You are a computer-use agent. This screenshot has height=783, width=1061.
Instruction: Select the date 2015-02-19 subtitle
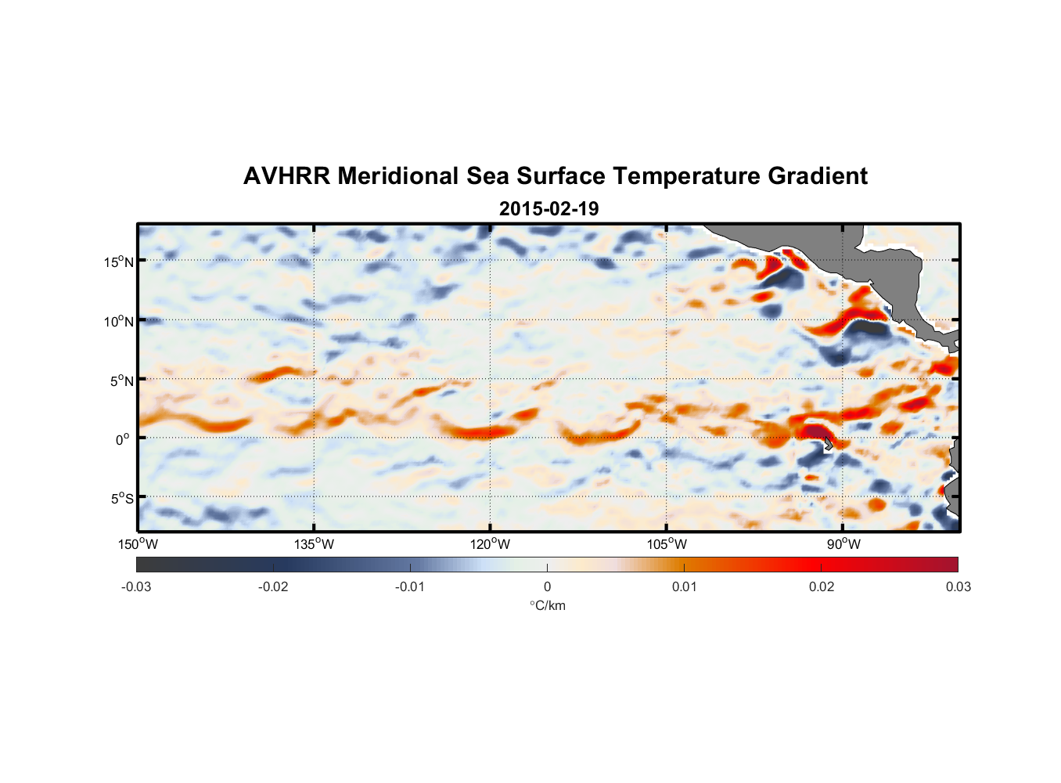pos(548,209)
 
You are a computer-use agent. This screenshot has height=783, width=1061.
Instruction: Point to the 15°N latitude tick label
pos(119,262)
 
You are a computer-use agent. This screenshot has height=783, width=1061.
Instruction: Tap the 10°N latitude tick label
pos(119,321)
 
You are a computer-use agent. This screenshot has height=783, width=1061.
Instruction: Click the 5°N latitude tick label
pos(121,381)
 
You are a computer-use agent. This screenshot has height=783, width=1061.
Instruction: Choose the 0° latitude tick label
pos(123,439)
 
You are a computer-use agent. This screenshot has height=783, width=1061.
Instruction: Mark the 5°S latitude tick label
pos(121,499)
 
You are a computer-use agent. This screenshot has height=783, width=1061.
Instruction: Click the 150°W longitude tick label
pos(138,544)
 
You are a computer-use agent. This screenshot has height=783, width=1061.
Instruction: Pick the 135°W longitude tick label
pos(315,544)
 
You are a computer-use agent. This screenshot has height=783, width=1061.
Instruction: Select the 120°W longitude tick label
pos(491,544)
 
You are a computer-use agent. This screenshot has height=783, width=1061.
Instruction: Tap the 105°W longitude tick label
pos(667,544)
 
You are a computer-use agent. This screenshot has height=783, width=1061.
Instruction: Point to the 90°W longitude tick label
pos(843,544)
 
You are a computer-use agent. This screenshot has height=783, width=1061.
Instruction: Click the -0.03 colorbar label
pos(136,586)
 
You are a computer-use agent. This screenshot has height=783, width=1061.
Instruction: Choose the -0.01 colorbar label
pos(410,586)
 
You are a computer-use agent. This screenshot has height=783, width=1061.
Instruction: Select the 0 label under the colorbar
pos(547,586)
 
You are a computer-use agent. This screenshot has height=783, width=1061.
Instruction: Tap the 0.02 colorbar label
pos(822,586)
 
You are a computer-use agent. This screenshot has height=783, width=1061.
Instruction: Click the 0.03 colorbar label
pos(958,586)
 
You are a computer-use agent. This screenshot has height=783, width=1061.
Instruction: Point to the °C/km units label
pos(547,605)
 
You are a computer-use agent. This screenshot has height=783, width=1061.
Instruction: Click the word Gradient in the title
pos(818,176)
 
